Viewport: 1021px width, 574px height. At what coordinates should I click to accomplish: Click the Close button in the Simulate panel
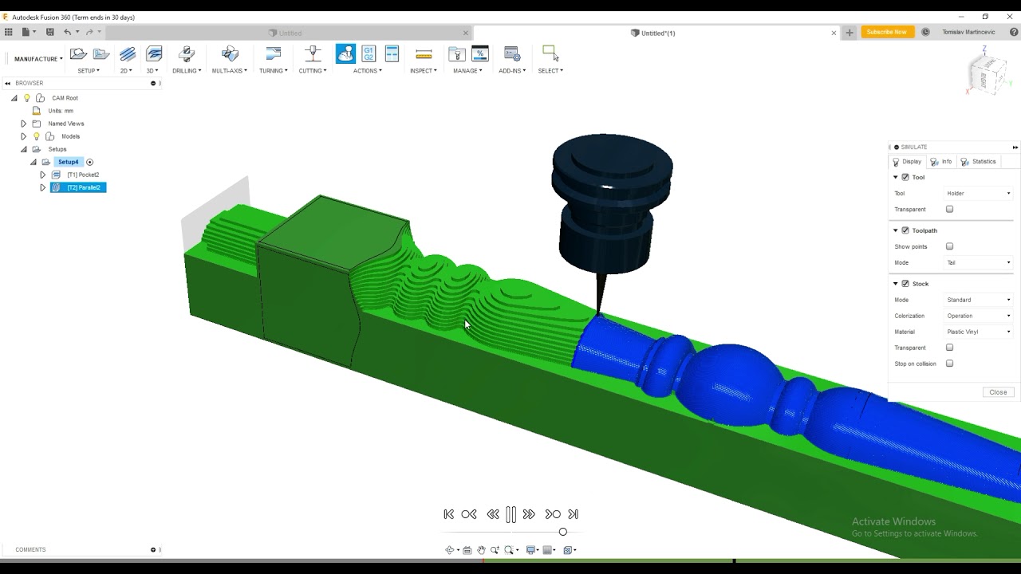tap(998, 392)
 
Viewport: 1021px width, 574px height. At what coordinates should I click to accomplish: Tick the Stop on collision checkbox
tap(949, 364)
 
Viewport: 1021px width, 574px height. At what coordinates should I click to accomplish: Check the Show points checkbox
tap(949, 246)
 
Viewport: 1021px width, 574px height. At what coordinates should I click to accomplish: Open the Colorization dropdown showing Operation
tap(978, 316)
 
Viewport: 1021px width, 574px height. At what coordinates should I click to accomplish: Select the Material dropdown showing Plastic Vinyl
tap(978, 332)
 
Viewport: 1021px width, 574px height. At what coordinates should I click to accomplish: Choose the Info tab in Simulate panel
tap(942, 162)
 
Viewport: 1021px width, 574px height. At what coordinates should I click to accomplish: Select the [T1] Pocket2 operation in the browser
tap(83, 175)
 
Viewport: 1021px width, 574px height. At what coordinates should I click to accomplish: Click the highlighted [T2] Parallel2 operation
tap(83, 187)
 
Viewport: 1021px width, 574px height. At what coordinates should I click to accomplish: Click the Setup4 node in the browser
tap(68, 162)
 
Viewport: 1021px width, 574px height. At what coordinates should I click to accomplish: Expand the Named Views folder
tap(23, 124)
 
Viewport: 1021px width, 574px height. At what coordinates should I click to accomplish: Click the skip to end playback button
tap(573, 514)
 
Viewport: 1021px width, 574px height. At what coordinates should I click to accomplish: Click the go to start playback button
tap(448, 514)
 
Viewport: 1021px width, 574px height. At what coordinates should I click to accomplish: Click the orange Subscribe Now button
tap(887, 33)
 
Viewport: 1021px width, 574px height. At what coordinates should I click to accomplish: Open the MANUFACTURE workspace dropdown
tap(37, 59)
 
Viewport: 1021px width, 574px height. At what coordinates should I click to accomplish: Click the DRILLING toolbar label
tap(187, 71)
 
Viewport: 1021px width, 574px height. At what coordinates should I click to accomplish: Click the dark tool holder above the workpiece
tap(612, 199)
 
